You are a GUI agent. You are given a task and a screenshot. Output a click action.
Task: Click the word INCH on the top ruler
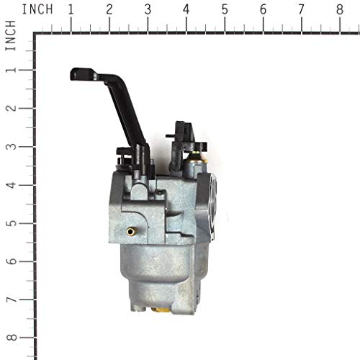tap(37, 9)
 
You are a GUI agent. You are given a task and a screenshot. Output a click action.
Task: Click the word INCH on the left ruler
tap(11, 35)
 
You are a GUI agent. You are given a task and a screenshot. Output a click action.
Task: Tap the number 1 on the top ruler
tap(71, 9)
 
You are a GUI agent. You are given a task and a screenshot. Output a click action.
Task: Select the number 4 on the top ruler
tap(186, 9)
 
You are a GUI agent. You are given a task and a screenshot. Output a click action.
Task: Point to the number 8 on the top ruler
tap(340, 9)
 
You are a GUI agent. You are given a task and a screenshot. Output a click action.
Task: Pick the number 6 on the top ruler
tap(263, 9)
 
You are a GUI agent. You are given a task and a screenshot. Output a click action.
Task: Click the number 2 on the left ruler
tap(11, 108)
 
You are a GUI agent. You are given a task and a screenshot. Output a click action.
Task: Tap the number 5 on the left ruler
tap(11, 223)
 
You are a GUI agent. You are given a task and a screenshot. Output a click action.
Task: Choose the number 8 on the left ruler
tap(11, 338)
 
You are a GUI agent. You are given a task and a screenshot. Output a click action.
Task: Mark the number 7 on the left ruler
tap(11, 300)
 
